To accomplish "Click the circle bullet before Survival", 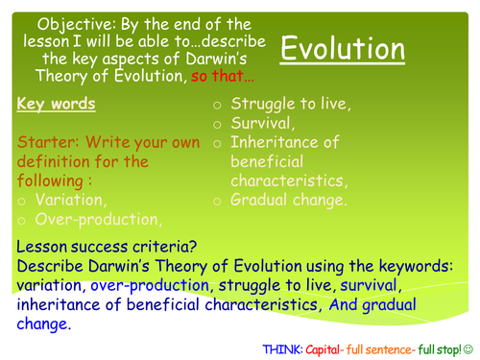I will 219,124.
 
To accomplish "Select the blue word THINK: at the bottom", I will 285,347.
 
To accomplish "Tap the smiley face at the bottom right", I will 470,347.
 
